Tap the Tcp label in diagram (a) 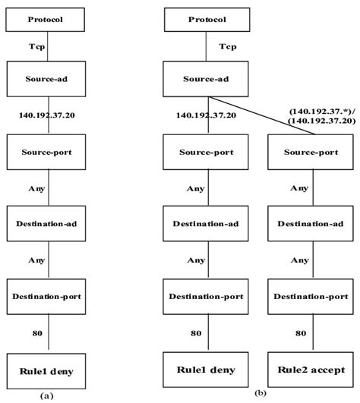pos(49,47)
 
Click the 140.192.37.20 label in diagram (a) pos(49,115)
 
